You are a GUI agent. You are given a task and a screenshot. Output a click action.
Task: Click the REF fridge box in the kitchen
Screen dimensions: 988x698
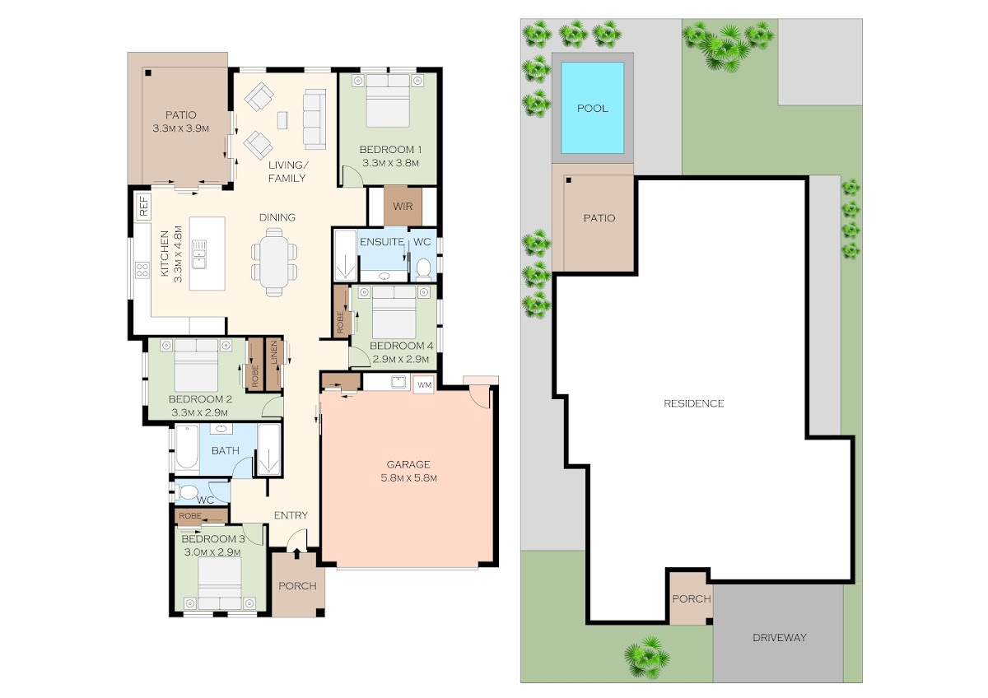tap(143, 207)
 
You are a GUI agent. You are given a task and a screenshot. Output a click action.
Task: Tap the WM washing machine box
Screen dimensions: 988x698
tap(424, 385)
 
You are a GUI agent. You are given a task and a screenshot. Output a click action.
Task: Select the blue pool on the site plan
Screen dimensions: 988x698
tap(592, 108)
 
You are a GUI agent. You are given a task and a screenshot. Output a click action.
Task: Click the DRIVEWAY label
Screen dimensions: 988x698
tap(780, 637)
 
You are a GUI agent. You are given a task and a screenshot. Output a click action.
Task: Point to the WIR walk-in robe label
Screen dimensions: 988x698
tap(403, 207)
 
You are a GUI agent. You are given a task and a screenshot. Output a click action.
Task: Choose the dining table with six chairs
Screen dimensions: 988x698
tap(274, 262)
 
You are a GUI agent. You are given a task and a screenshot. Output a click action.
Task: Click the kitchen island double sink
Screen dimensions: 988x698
tap(199, 254)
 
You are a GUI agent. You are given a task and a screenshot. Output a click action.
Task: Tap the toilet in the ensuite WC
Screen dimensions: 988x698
tap(423, 269)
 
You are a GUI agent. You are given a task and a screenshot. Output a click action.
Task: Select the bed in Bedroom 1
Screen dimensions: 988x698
tap(388, 100)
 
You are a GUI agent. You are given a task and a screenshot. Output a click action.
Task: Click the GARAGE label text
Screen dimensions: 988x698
tap(408, 464)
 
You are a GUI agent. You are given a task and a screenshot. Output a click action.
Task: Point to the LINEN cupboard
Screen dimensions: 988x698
tap(273, 364)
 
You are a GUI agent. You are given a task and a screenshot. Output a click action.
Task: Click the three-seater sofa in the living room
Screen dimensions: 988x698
tap(315, 119)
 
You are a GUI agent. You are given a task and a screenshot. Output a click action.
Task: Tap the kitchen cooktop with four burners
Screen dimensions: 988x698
tap(142, 270)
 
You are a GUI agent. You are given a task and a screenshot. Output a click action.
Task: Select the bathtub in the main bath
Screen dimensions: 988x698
tap(187, 447)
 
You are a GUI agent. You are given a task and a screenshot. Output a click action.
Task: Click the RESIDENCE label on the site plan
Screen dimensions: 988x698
tap(694, 403)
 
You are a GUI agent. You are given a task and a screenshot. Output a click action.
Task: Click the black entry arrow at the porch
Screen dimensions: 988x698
tap(296, 553)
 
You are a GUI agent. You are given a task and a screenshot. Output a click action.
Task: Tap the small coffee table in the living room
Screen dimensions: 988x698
tap(282, 120)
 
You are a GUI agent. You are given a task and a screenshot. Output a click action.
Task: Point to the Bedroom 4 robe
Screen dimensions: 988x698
tap(341, 311)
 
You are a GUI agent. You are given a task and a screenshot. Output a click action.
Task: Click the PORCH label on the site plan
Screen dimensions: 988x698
tap(691, 598)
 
